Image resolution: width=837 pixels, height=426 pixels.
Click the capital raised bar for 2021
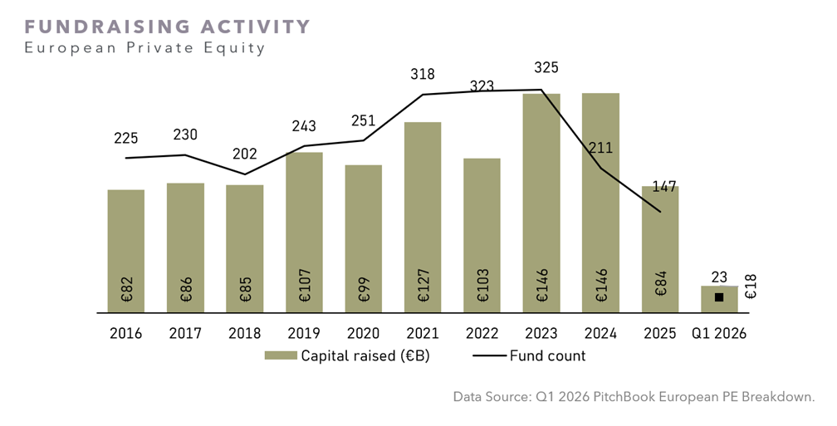[x=423, y=218]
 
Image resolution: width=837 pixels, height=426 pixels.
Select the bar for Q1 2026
[x=719, y=300]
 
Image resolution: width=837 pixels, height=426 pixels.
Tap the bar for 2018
[x=244, y=249]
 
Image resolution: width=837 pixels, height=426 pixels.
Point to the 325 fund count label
[x=546, y=68]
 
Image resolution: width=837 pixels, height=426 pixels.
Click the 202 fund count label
[x=244, y=154]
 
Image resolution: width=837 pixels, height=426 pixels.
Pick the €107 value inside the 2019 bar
[x=304, y=286]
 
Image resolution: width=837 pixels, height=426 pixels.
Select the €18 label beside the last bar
[x=751, y=286]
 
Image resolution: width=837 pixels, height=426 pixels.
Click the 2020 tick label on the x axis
[x=363, y=334]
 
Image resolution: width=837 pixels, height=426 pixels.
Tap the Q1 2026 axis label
[x=719, y=334]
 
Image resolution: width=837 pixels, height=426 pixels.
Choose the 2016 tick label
[x=126, y=334]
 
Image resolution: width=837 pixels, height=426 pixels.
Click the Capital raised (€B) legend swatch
[x=281, y=355]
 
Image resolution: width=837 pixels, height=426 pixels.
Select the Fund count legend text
[x=548, y=355]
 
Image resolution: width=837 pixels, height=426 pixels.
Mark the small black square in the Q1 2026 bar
[x=719, y=297]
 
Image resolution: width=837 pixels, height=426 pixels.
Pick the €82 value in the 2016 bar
[x=126, y=289]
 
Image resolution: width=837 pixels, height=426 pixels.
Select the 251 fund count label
[x=363, y=120]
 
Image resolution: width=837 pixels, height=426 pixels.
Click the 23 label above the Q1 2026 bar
[x=719, y=277]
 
